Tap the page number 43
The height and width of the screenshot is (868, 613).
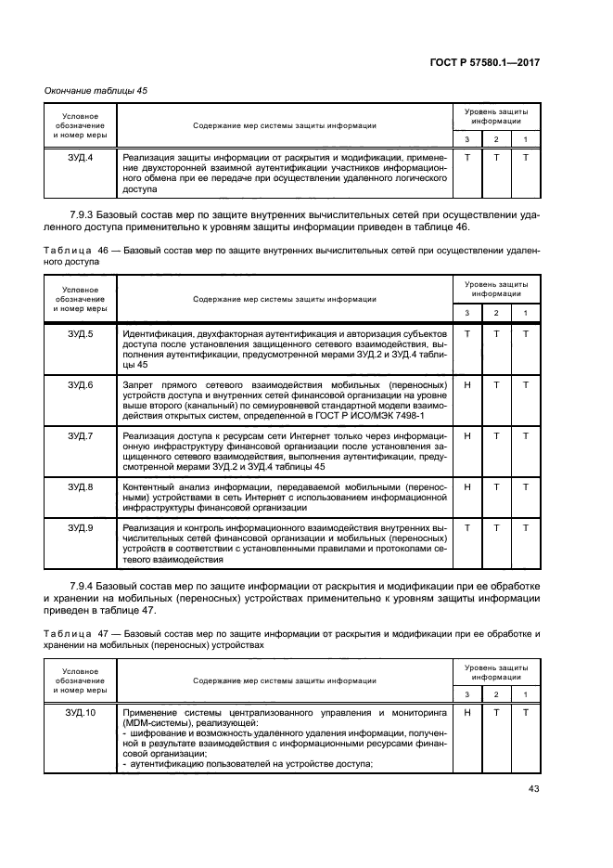532,791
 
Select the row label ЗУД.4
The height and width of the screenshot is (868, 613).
81,159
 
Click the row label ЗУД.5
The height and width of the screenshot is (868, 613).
81,333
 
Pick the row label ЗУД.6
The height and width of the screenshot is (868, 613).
81,384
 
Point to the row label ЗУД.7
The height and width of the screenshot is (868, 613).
81,435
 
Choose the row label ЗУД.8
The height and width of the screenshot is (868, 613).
81,486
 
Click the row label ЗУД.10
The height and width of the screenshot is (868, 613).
81,712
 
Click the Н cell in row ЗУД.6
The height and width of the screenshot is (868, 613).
467,384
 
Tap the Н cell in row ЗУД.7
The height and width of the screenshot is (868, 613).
467,435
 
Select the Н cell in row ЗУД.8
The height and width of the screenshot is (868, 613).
467,486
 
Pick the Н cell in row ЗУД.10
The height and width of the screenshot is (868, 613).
467,712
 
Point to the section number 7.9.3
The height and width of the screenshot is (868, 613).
85,214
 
